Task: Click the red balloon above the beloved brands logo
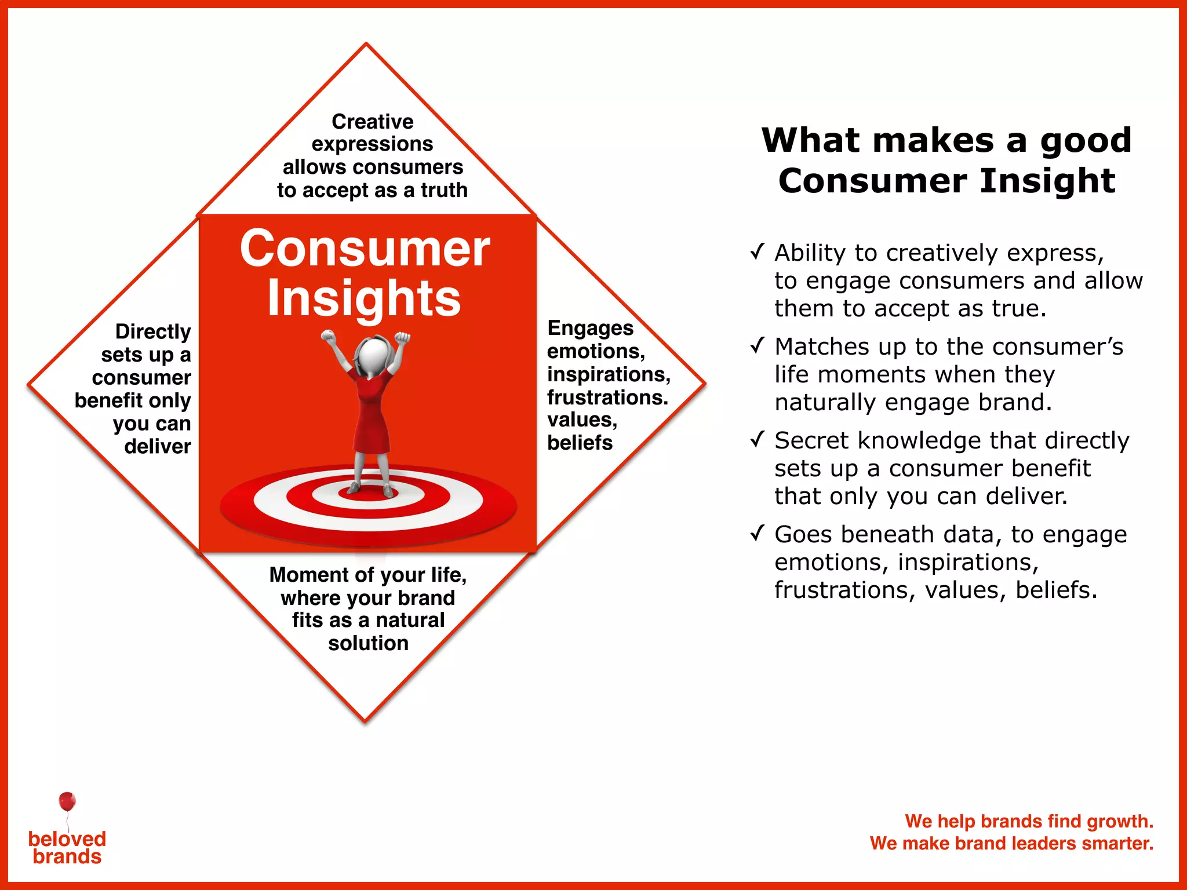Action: click(x=67, y=801)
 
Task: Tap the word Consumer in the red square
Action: click(x=365, y=249)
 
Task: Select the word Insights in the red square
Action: click(x=364, y=298)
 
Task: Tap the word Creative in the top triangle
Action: click(x=372, y=122)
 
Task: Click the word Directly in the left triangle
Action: click(x=153, y=331)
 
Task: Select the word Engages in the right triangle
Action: click(x=590, y=328)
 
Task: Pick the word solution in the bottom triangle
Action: click(x=368, y=643)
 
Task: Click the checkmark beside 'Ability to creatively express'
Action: click(x=757, y=252)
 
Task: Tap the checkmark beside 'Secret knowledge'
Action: click(x=757, y=440)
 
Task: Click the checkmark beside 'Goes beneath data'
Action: click(x=757, y=533)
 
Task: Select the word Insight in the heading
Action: click(x=1048, y=181)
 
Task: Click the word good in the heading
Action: click(x=1085, y=141)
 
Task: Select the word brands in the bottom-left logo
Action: click(x=67, y=857)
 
